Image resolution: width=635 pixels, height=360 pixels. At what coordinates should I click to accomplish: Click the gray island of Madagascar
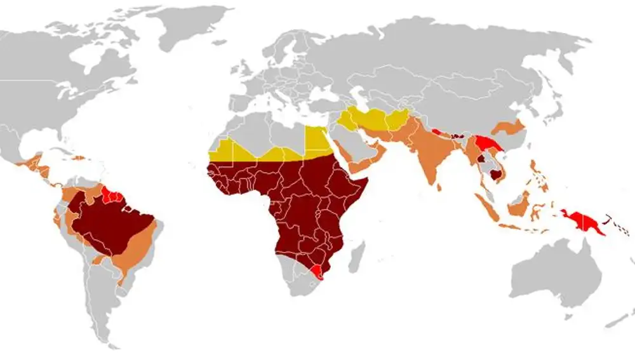358,251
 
